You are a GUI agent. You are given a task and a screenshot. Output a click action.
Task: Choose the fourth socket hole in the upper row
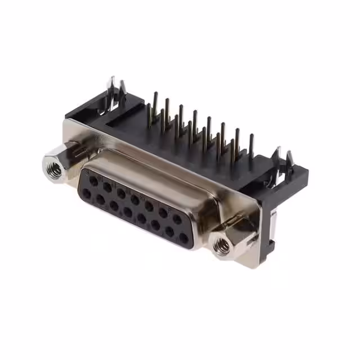click(x=135, y=199)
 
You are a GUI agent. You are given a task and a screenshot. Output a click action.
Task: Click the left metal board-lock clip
click(x=116, y=93)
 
